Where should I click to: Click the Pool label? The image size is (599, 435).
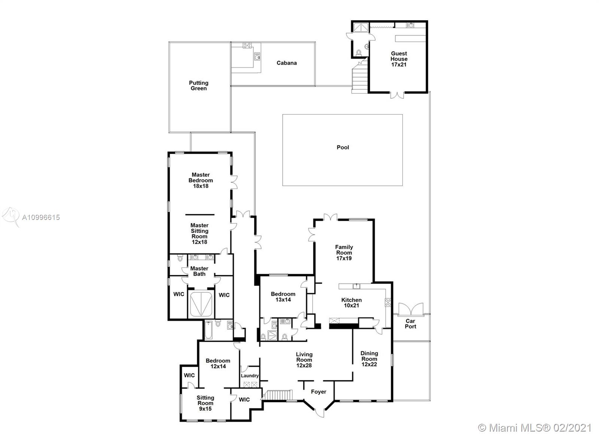pyautogui.click(x=343, y=147)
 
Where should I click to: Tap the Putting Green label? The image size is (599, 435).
pyautogui.click(x=198, y=86)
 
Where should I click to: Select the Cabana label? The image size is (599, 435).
pyautogui.click(x=286, y=63)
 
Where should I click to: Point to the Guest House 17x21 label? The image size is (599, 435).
pyautogui.click(x=399, y=59)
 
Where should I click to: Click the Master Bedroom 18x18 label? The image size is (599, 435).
pyautogui.click(x=201, y=180)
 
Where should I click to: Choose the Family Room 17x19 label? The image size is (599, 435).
pyautogui.click(x=344, y=253)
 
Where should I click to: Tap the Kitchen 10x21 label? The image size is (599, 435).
pyautogui.click(x=352, y=303)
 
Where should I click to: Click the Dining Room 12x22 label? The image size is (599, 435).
pyautogui.click(x=369, y=359)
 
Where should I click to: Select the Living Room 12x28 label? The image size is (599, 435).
pyautogui.click(x=304, y=360)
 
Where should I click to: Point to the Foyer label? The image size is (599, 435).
pyautogui.click(x=319, y=392)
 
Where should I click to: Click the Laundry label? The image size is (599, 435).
pyautogui.click(x=250, y=376)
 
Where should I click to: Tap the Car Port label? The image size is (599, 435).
pyautogui.click(x=410, y=324)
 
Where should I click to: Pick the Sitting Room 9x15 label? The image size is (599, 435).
pyautogui.click(x=205, y=403)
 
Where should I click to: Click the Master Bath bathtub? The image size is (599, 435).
pyautogui.click(x=201, y=304)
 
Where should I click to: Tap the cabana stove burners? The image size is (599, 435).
pyautogui.click(x=247, y=45)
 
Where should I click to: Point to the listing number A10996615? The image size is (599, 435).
pyautogui.click(x=41, y=218)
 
